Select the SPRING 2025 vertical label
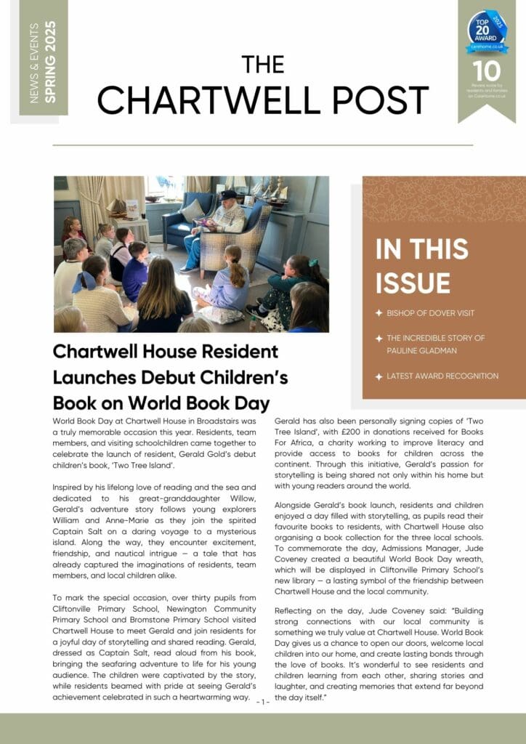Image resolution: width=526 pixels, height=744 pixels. pyautogui.click(x=50, y=61)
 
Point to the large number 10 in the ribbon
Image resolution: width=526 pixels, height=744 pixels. pyautogui.click(x=487, y=71)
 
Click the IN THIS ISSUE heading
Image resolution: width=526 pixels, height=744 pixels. pyautogui.click(x=424, y=266)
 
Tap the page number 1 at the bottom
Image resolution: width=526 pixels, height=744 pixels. pyautogui.click(x=263, y=702)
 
